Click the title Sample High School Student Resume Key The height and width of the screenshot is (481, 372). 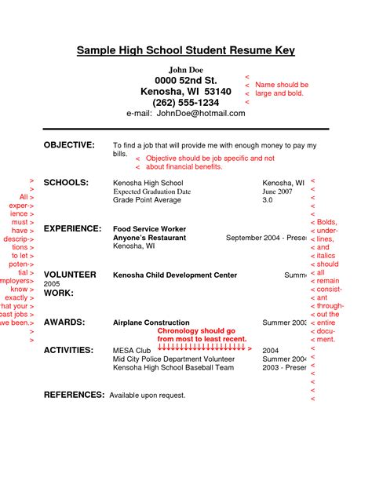pos(186,51)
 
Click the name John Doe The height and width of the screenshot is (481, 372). pos(185,71)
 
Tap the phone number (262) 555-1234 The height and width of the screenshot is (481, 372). pos(186,102)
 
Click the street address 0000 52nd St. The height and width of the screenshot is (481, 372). pos(186,81)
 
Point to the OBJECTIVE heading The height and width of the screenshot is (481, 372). pos(69,146)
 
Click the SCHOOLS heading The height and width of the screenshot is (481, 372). pos(66,182)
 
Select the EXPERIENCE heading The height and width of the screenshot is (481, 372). pos(72,228)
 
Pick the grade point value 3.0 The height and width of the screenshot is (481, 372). pos(268,201)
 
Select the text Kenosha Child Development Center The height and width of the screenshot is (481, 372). pos(175,275)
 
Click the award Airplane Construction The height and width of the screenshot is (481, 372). pos(151,322)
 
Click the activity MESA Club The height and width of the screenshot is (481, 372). pos(131,351)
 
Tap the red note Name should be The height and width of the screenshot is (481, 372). pos(282,84)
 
